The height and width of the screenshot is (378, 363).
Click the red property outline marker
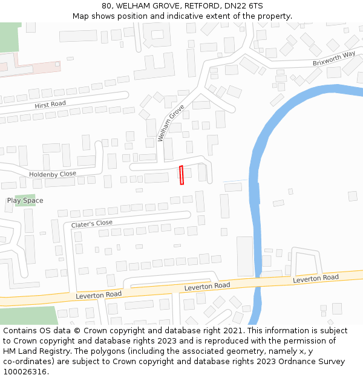tap(181, 175)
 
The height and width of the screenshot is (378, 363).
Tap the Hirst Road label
tap(50, 105)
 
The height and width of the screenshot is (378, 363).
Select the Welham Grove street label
tap(171, 123)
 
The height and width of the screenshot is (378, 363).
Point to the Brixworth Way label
tap(334, 59)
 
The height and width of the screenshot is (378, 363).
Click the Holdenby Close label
tap(53, 174)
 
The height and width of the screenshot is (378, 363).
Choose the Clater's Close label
tap(92, 224)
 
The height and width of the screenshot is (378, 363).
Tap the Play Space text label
tap(25, 200)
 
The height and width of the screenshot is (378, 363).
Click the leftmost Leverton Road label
tap(99, 295)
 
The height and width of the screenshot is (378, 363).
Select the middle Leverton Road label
tap(207, 286)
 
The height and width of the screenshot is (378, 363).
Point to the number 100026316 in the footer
tap(25, 371)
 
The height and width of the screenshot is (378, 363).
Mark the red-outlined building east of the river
tap(353, 195)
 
